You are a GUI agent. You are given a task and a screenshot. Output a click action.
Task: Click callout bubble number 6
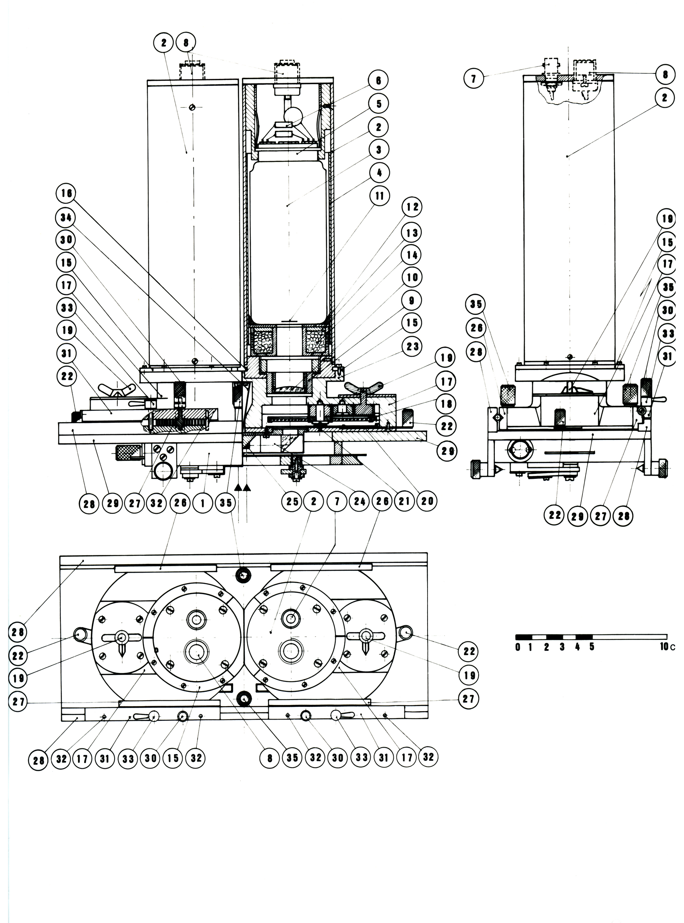tap(378, 80)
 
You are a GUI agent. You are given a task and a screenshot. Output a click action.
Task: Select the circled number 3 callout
tap(378, 150)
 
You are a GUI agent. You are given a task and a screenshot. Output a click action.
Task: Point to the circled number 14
tap(412, 255)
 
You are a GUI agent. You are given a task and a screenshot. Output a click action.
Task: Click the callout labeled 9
tap(411, 301)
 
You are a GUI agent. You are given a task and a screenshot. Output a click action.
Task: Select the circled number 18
tap(446, 404)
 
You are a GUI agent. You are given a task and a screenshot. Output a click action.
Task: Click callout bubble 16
tap(67, 193)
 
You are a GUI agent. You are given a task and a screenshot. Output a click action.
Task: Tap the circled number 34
tap(66, 217)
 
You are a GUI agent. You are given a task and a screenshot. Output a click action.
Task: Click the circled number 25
tap(292, 501)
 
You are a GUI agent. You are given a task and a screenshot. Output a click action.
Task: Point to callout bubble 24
tap(359, 501)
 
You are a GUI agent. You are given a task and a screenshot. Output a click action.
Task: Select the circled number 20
tap(427, 501)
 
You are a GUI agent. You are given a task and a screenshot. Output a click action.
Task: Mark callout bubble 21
tap(404, 501)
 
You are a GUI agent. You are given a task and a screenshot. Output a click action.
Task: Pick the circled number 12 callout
tap(412, 207)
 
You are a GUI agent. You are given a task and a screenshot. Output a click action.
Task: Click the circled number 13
tap(412, 233)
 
